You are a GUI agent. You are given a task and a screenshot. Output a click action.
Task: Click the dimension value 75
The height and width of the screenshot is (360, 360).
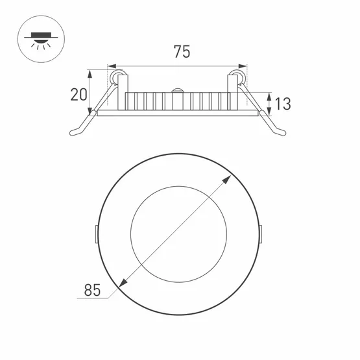click(182, 52)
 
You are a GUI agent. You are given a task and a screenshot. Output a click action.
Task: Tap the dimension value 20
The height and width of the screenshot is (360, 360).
click(78, 95)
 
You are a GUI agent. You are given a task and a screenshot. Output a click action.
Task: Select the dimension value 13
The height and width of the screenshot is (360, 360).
click(283, 104)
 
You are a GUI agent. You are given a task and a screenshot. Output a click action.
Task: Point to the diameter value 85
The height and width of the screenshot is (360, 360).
click(92, 290)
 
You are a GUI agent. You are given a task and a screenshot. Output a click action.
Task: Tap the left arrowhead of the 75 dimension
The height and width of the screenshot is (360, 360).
click(112, 66)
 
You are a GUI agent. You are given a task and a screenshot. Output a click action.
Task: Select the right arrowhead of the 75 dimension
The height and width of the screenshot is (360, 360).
click(243, 66)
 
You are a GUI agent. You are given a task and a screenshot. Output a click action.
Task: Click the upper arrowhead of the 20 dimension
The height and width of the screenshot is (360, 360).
click(90, 74)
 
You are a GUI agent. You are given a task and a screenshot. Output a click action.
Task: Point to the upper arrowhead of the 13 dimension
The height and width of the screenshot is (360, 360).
click(269, 97)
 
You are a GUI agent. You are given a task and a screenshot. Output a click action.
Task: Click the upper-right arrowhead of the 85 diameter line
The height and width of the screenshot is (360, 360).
click(227, 179)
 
